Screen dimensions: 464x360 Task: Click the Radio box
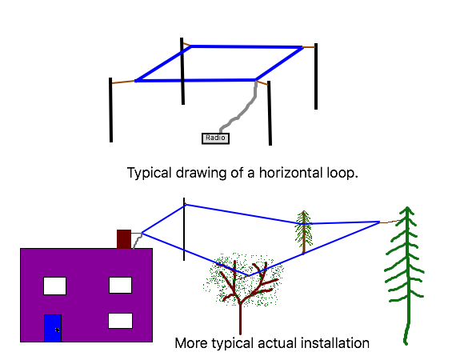[215, 138]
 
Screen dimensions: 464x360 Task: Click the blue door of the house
[53, 328]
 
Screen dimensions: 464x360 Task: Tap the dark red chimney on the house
[124, 239]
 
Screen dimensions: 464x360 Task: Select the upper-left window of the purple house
[54, 286]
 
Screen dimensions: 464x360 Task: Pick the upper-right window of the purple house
[121, 285]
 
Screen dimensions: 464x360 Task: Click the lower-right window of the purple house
[121, 321]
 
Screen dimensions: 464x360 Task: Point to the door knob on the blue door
[58, 330]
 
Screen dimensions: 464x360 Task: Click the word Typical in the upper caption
[150, 173]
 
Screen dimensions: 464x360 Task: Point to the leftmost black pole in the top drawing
[110, 110]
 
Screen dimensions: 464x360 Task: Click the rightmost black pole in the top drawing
[316, 76]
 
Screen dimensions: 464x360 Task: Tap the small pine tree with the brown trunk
[304, 232]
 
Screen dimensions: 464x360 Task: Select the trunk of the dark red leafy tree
[240, 318]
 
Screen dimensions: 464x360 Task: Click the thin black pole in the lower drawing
[184, 230]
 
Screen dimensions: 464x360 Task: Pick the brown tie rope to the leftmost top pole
[123, 82]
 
